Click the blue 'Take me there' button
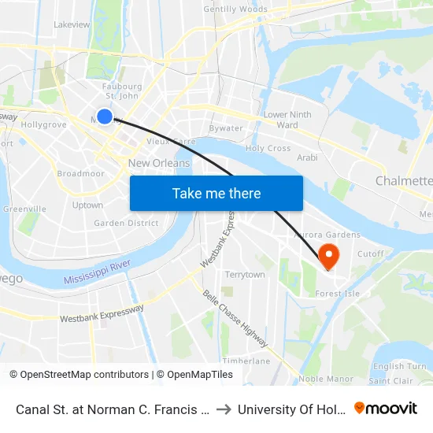coord(216,193)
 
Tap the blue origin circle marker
coord(104,117)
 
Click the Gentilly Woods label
coord(235,9)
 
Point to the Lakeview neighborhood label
coord(72,24)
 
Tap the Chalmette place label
coord(404,181)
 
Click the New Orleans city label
coord(159,163)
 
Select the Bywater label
coord(226,128)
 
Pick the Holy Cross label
coord(268,148)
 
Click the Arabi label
coord(306,157)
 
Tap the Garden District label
coord(126,223)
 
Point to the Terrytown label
coord(245,275)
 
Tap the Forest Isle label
coord(337,294)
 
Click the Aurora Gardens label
coord(327,235)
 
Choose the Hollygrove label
coord(44,124)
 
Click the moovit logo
coord(386,408)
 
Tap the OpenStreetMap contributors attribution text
coord(79,375)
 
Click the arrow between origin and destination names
coord(223,409)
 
